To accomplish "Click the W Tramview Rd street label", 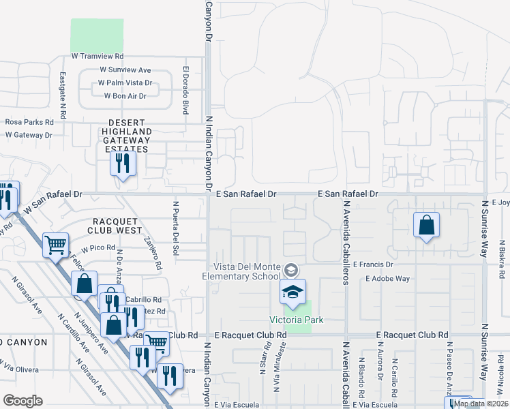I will point(97,56).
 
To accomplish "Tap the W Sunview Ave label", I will point(125,70).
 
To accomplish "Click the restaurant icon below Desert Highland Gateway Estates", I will point(123,164).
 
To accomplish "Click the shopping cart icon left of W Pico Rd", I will point(55,244).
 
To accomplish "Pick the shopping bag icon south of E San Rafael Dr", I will point(426,225).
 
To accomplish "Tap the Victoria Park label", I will point(295,320).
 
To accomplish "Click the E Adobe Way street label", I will point(388,278).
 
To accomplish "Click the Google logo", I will point(22,400).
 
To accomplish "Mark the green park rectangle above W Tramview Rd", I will point(97,34).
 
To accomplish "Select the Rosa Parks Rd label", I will point(29,122).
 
